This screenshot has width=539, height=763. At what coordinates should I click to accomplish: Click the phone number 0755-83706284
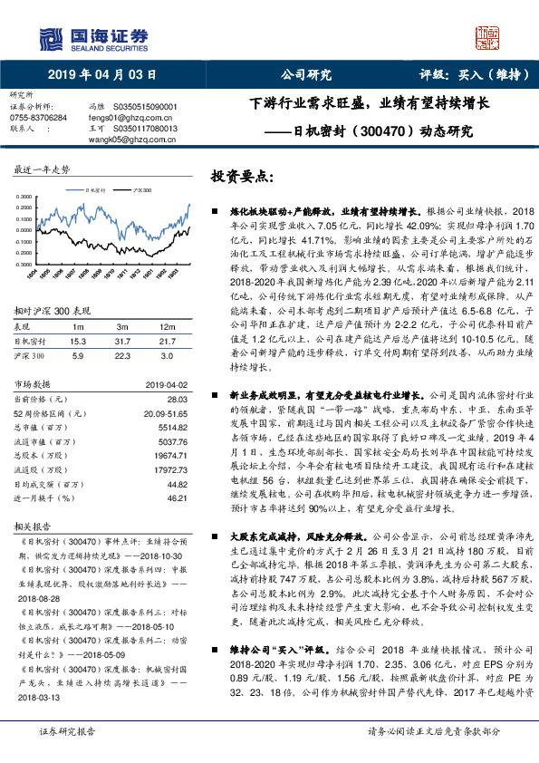pyautogui.click(x=37, y=118)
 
